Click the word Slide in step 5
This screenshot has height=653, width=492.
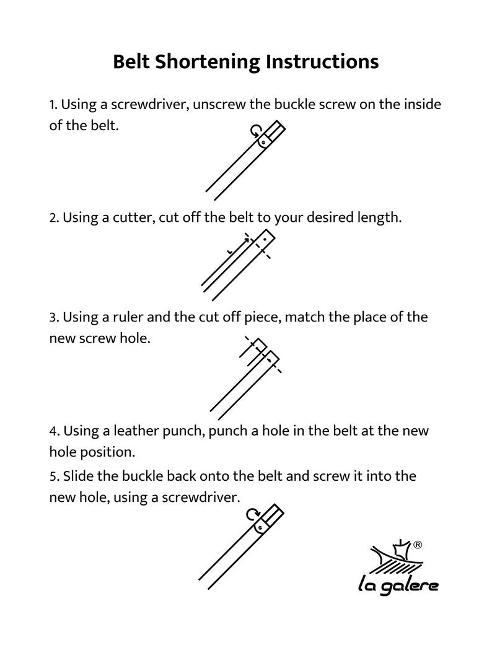coord(79,476)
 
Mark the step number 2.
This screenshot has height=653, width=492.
coord(53,218)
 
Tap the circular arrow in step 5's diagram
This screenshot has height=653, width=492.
coord(252,514)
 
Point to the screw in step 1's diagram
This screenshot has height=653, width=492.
coord(263,142)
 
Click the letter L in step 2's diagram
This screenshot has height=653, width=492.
coord(229,252)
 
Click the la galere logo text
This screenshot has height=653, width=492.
coord(398,584)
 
